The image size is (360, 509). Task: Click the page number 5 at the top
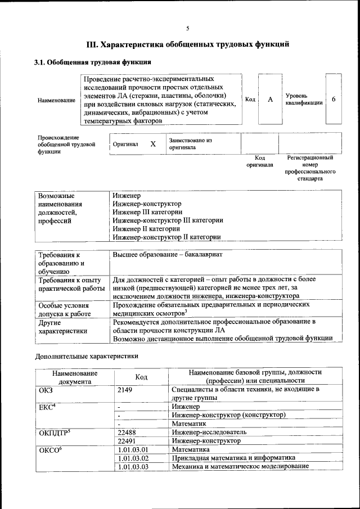pyautogui.click(x=188, y=28)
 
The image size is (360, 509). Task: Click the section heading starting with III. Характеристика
pyautogui.click(x=188, y=44)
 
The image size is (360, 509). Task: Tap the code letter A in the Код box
pyautogui.click(x=270, y=100)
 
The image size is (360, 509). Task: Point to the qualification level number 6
pyautogui.click(x=334, y=100)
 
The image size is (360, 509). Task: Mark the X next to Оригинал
pyautogui.click(x=152, y=144)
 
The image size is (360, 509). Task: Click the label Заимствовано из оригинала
pyautogui.click(x=190, y=143)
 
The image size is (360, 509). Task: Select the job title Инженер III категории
pyautogui.click(x=147, y=212)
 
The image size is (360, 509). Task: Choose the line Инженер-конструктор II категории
pyautogui.click(x=166, y=237)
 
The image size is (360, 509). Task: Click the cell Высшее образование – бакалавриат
pyautogui.click(x=168, y=255)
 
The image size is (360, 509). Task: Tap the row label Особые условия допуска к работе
pyautogui.click(x=64, y=309)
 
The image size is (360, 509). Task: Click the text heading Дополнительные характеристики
pyautogui.click(x=87, y=356)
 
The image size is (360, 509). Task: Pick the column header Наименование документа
pyautogui.click(x=75, y=377)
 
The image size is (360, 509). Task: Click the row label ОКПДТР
pyautogui.click(x=54, y=433)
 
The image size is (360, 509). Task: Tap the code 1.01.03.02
pyautogui.click(x=133, y=458)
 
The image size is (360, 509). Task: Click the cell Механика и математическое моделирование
pyautogui.click(x=240, y=466)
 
